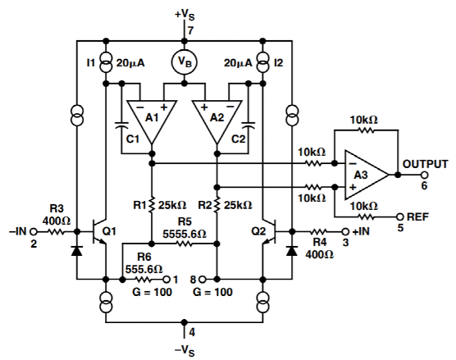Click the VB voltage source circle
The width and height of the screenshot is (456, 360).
point(184,62)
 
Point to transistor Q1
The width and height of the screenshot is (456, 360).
point(99,232)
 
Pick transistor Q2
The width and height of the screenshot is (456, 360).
point(270,232)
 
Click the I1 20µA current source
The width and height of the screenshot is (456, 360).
point(106,62)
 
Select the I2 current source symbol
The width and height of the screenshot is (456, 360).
point(262,62)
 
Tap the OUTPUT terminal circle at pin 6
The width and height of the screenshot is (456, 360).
point(424,175)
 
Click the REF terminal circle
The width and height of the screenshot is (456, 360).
point(400,216)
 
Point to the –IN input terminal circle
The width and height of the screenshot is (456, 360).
point(34,232)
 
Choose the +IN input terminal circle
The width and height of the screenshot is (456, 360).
point(345,232)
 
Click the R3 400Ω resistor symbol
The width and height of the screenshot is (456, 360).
point(55,232)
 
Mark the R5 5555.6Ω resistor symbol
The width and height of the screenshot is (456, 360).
point(184,244)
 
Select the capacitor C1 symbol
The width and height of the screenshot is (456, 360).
point(122,125)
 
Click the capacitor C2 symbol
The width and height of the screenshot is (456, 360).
point(248,125)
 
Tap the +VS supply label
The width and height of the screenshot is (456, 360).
point(185,15)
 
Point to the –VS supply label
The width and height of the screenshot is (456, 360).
point(185,350)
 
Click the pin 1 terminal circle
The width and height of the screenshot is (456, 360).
point(166,280)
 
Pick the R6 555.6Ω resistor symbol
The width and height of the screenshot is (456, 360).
point(143,280)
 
